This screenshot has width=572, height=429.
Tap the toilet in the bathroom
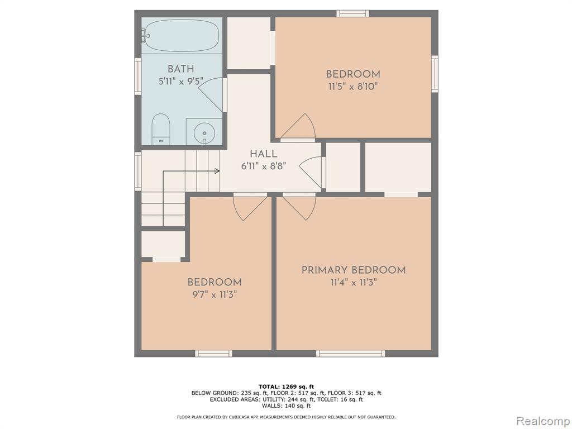coord(161,129)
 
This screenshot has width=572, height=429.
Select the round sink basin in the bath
coord(204,132)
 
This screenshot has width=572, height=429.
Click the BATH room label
coord(180,69)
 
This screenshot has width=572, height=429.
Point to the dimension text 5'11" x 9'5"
coord(180,81)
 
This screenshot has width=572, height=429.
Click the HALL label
coord(264,154)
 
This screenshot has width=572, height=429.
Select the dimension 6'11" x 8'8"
coord(264,166)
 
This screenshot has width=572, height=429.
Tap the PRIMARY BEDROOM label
coord(354,270)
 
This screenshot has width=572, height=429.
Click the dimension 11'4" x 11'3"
coord(354,283)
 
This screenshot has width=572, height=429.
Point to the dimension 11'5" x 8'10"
coord(353,87)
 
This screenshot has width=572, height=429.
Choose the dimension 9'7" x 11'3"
coord(214,294)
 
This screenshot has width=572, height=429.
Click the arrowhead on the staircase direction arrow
coord(217,171)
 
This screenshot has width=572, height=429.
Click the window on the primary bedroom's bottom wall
coord(350,353)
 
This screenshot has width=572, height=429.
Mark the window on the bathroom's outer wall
coord(138,76)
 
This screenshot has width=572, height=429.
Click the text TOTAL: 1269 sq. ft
coord(286,387)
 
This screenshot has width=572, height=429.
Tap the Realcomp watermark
coord(542,421)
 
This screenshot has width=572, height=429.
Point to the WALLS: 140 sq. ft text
coord(286,406)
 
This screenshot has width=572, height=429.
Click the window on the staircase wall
coord(138,171)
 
